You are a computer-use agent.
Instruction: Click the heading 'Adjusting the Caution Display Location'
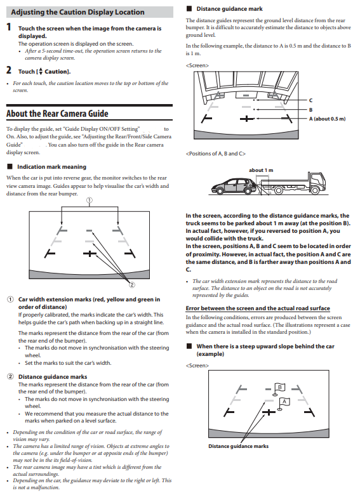(x=77, y=12)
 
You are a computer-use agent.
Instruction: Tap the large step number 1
(x=9, y=27)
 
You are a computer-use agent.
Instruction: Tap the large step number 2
(x=9, y=70)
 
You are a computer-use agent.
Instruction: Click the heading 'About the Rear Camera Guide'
(x=57, y=113)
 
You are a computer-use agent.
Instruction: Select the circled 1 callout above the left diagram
(x=90, y=200)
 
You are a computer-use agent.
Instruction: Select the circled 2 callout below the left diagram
(x=132, y=285)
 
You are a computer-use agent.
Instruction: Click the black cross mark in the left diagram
(x=90, y=253)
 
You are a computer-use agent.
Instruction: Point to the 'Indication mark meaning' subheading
(x=51, y=167)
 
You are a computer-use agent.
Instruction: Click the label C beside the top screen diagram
(x=310, y=100)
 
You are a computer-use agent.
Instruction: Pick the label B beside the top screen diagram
(x=310, y=110)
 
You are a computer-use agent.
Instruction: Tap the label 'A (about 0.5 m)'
(x=327, y=119)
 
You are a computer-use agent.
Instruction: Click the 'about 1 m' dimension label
(x=261, y=170)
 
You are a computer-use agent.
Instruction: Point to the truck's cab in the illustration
(x=317, y=181)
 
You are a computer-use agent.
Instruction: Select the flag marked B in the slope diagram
(x=279, y=388)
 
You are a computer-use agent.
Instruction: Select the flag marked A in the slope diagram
(x=284, y=404)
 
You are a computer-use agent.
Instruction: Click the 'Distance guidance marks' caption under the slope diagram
(x=238, y=446)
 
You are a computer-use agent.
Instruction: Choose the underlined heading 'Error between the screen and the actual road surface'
(x=258, y=308)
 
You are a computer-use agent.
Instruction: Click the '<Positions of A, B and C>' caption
(x=216, y=154)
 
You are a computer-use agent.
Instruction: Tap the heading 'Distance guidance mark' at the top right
(x=229, y=9)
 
